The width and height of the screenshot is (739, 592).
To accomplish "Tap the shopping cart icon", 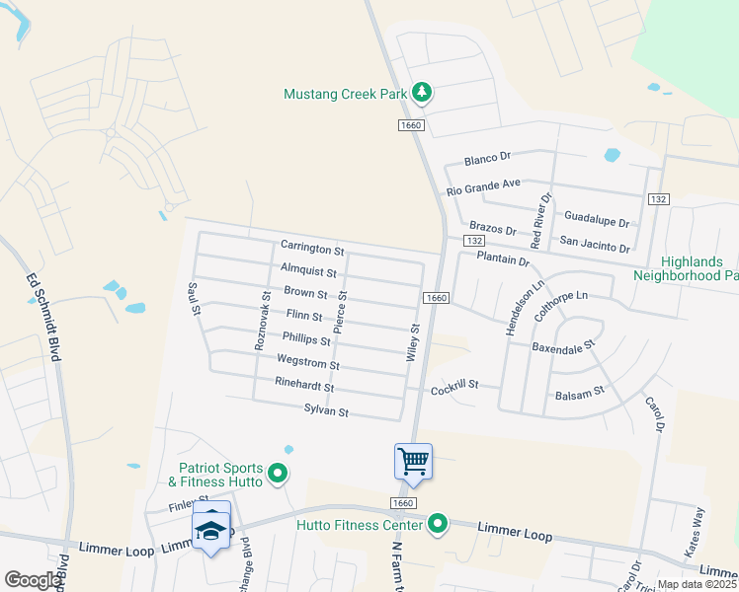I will click(413, 461).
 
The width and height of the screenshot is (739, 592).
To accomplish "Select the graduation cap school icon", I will click(211, 530).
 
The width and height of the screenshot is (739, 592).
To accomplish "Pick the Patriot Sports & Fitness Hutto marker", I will click(278, 475).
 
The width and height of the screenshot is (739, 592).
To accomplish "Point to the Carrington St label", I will click(311, 247).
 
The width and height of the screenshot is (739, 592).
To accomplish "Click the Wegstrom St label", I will click(302, 361).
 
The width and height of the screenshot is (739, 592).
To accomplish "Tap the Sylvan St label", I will click(326, 409).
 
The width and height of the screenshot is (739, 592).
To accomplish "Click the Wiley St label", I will click(415, 342).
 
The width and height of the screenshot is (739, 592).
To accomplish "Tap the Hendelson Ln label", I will click(512, 307).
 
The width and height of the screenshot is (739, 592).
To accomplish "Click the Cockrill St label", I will click(454, 385).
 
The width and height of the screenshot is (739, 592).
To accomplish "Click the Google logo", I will click(33, 580).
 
